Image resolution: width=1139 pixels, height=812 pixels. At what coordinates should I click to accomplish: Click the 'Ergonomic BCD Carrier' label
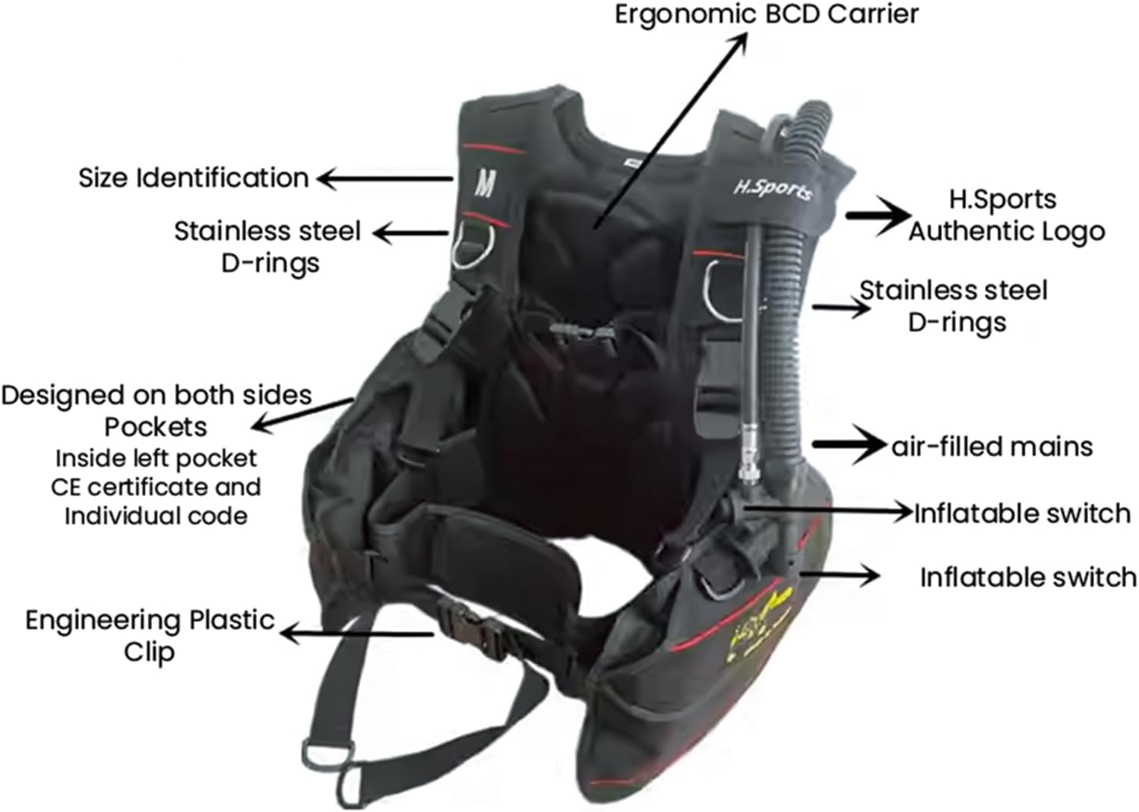766,14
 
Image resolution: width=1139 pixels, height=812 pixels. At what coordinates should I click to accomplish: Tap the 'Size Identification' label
194,179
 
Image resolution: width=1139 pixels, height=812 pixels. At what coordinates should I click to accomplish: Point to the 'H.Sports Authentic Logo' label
1005,215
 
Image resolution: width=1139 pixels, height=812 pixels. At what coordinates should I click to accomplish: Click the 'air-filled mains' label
992,446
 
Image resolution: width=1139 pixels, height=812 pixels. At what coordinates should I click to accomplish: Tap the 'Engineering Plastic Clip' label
150,635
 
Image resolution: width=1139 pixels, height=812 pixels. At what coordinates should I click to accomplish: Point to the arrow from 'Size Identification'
384,179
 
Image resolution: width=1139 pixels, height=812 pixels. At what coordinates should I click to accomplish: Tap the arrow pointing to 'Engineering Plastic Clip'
357,633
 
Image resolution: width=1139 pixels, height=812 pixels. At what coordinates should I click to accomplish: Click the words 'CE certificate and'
156,487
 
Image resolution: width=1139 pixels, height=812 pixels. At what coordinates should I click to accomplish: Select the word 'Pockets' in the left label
156,427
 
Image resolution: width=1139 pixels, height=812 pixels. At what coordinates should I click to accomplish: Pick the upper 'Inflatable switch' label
1022,513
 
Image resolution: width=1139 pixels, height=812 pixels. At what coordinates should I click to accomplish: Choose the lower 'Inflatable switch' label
1028,577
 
